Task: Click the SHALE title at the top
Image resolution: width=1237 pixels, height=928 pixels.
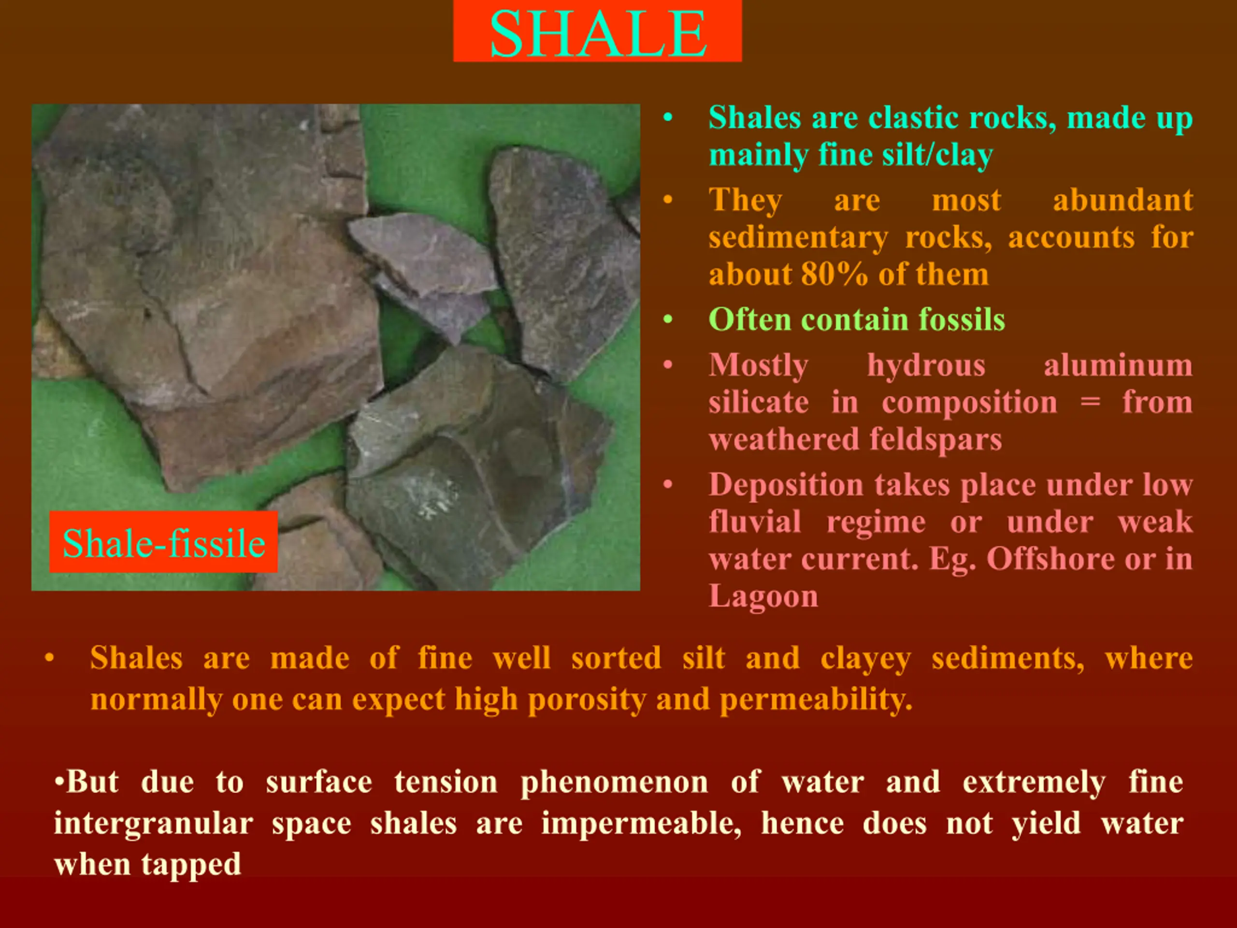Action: click(x=598, y=33)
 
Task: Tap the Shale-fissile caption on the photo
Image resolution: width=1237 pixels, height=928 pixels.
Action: click(x=164, y=543)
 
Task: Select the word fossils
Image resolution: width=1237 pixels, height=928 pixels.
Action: click(x=961, y=319)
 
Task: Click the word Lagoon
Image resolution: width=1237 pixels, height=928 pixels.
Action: click(x=763, y=596)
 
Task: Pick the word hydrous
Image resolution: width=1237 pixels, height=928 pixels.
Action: click(x=926, y=366)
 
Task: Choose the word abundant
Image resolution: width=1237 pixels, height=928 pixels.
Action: click(x=1123, y=200)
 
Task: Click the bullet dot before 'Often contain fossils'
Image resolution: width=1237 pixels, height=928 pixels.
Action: click(x=667, y=320)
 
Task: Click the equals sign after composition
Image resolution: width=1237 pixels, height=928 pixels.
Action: click(x=1090, y=403)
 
